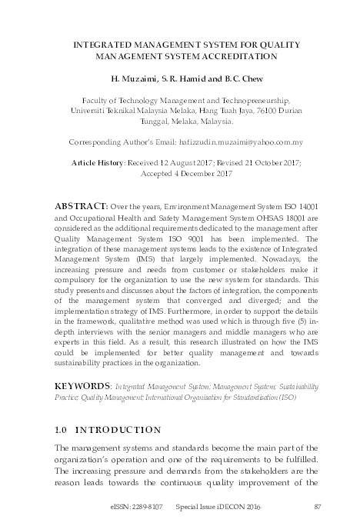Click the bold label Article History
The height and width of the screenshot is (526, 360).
(97, 163)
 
